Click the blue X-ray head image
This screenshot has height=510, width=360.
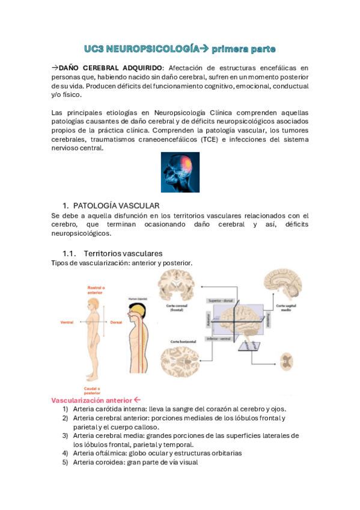pos(180,173)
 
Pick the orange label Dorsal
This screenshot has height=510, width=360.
pos(117,322)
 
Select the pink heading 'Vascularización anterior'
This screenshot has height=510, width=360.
pos(91,400)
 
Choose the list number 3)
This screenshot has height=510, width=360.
pos(65,435)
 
